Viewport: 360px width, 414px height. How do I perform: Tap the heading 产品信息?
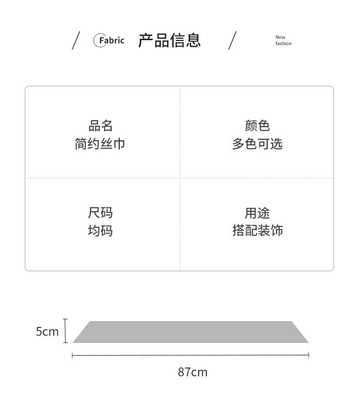pyautogui.click(x=170, y=41)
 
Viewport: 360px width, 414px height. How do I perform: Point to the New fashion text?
pyautogui.click(x=283, y=41)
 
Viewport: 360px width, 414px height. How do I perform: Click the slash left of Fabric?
pyautogui.click(x=76, y=41)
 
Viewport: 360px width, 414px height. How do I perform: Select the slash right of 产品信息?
pyautogui.click(x=232, y=41)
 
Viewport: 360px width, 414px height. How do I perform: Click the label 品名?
pyautogui.click(x=100, y=126)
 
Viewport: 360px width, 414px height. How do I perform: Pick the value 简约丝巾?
pyautogui.click(x=100, y=144)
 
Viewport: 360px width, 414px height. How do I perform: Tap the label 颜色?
pyautogui.click(x=257, y=126)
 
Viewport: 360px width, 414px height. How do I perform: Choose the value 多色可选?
pyautogui.click(x=257, y=144)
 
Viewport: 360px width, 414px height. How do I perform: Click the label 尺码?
pyautogui.click(x=100, y=213)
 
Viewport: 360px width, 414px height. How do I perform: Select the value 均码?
pyautogui.click(x=100, y=231)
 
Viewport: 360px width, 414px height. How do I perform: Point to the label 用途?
pyautogui.click(x=257, y=213)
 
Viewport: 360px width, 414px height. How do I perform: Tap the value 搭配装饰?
pyautogui.click(x=257, y=231)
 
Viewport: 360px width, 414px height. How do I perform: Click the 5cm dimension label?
pyautogui.click(x=47, y=332)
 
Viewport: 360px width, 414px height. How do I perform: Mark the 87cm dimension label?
pyautogui.click(x=192, y=372)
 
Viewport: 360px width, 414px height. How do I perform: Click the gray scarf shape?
pyautogui.click(x=190, y=332)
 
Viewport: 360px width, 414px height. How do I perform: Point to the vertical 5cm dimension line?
pyautogui.click(x=66, y=331)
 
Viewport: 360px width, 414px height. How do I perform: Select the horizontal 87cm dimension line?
pyautogui.click(x=190, y=355)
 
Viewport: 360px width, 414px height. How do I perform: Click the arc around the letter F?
pyautogui.click(x=95, y=41)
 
